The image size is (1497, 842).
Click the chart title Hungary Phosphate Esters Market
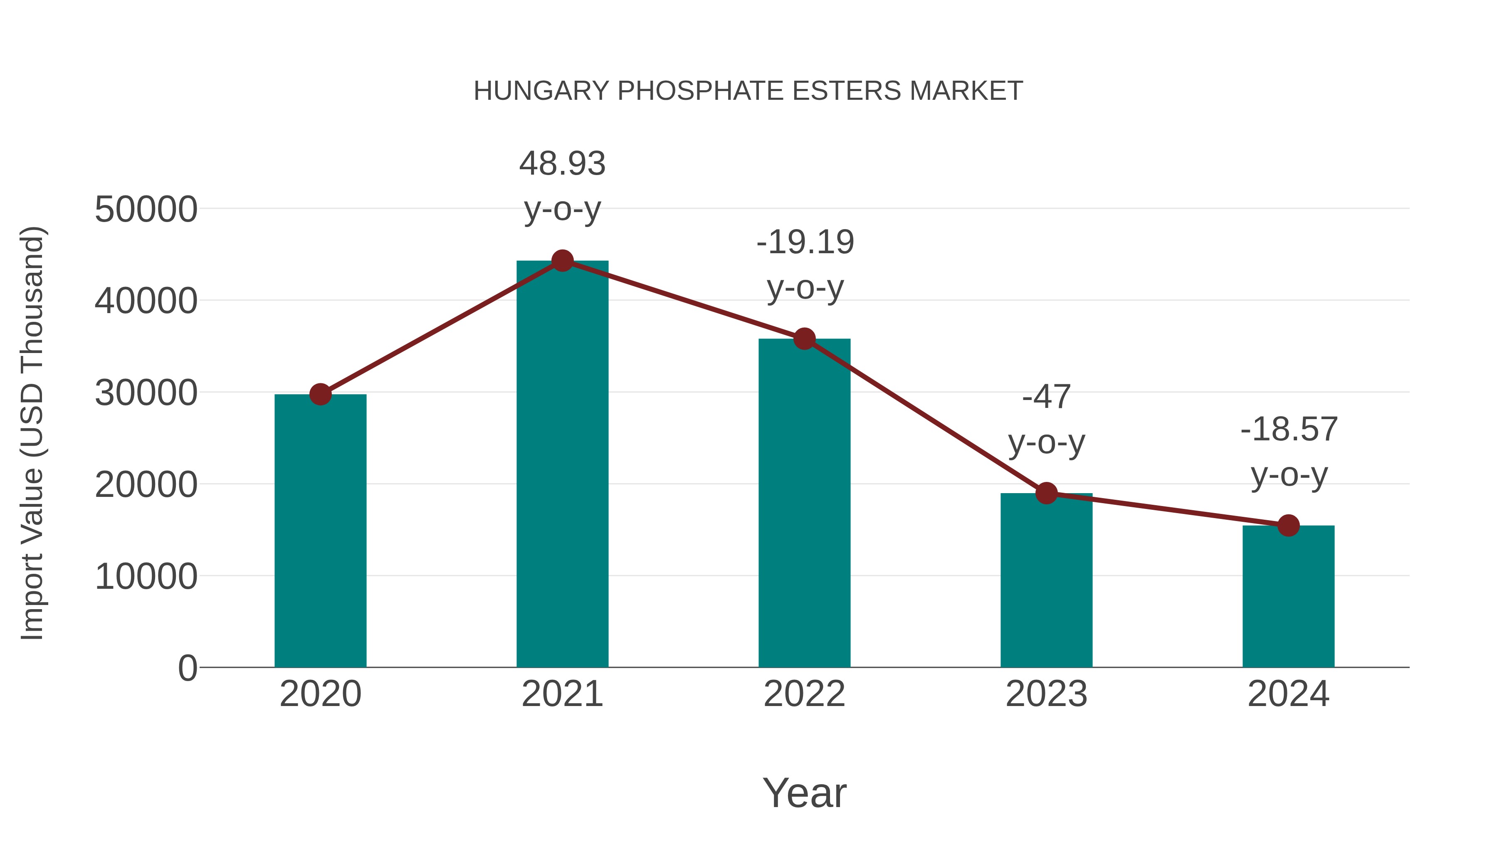748,91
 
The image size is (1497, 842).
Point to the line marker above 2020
320,395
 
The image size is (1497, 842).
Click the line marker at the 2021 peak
562,261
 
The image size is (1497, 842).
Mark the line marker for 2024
1288,526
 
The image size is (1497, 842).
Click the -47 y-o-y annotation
1046,420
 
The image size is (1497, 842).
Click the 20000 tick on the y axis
146,485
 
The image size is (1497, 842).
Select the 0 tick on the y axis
187,668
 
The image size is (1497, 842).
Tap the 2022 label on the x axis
804,694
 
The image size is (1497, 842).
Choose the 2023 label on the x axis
1046,694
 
